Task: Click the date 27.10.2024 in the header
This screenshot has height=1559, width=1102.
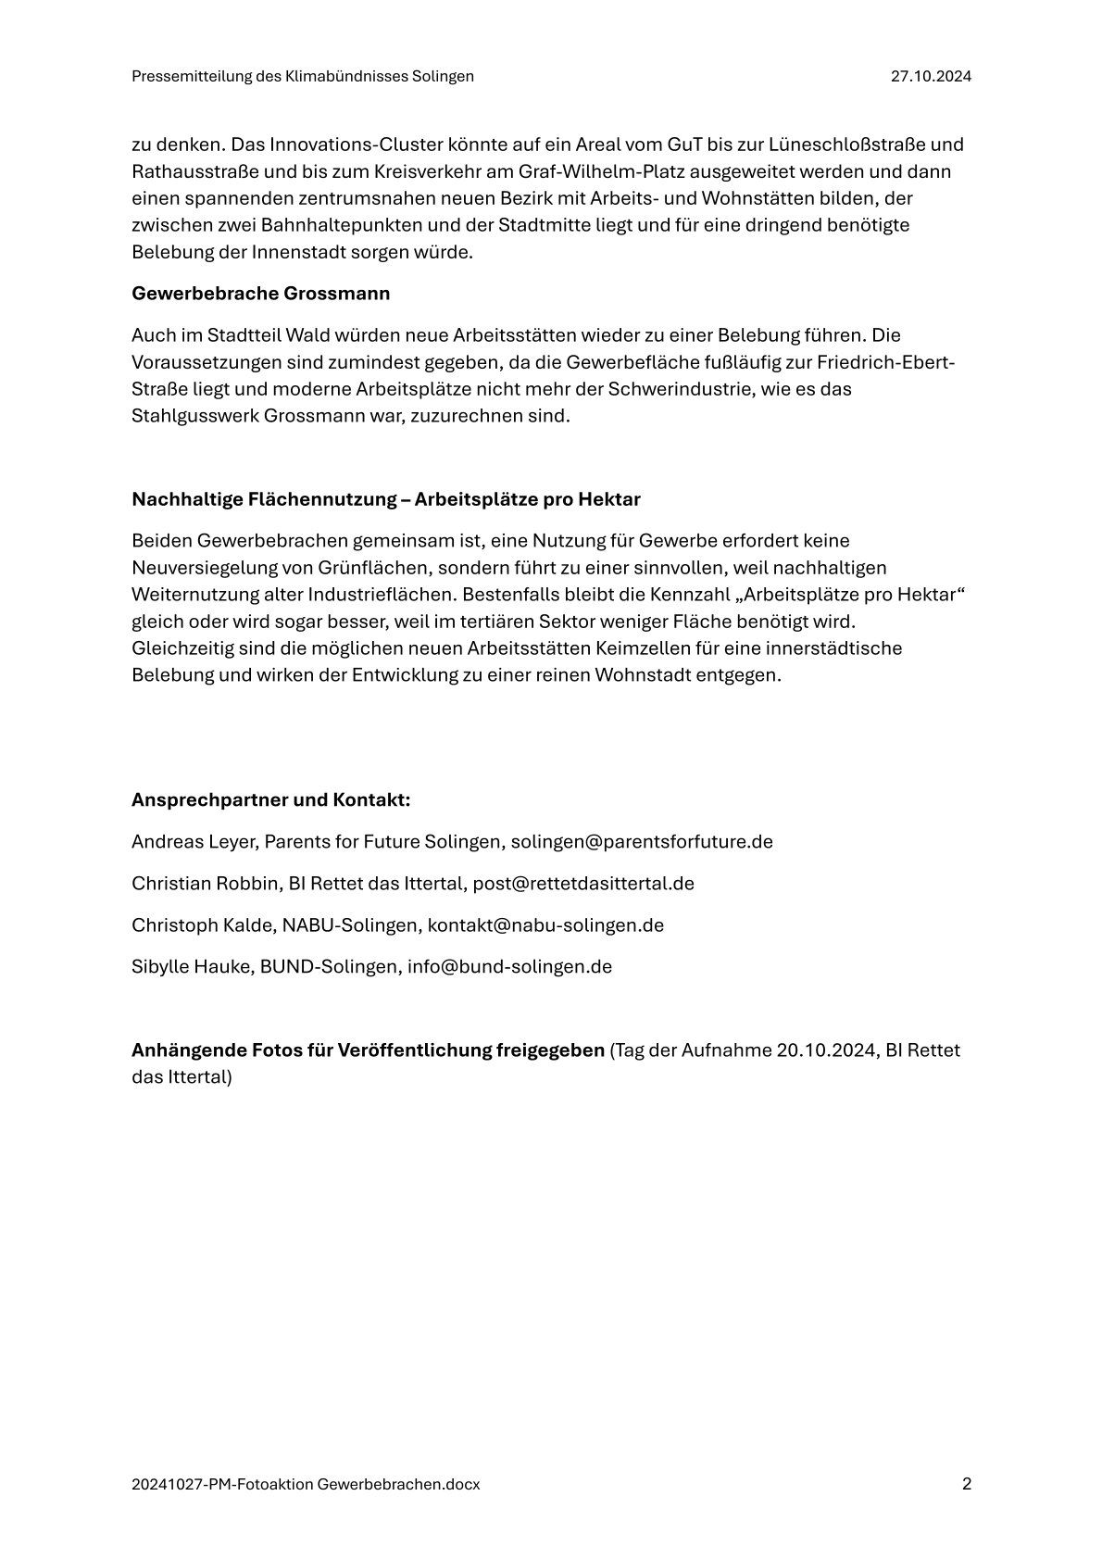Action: pyautogui.click(x=931, y=77)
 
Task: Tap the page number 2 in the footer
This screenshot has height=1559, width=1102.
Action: pyautogui.click(x=967, y=1484)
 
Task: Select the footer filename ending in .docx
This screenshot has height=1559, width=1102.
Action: pyautogui.click(x=306, y=1485)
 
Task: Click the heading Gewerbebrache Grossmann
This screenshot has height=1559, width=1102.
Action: pyautogui.click(x=260, y=294)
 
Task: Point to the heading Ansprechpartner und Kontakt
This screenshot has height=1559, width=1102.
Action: pyautogui.click(x=270, y=799)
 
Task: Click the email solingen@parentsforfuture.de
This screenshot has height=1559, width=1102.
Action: pyautogui.click(x=642, y=842)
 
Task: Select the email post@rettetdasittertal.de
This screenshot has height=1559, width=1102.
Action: pyautogui.click(x=583, y=883)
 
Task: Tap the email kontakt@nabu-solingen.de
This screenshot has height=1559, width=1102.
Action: pyautogui.click(x=545, y=924)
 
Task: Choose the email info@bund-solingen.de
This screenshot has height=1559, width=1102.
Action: pyautogui.click(x=509, y=966)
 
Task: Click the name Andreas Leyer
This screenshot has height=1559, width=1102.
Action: pyautogui.click(x=194, y=842)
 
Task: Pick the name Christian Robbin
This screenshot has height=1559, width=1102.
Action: pyautogui.click(x=205, y=883)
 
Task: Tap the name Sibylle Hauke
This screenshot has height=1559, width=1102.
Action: pyautogui.click(x=190, y=966)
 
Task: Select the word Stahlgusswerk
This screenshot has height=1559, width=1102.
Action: pyautogui.click(x=195, y=416)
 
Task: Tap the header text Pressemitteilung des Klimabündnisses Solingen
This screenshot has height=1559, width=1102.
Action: pyautogui.click(x=303, y=77)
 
